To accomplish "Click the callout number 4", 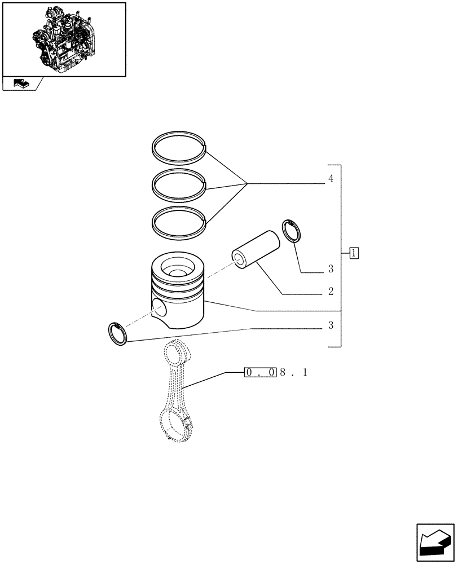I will click(x=331, y=179).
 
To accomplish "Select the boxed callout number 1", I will click(x=354, y=253).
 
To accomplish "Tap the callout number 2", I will click(x=331, y=292).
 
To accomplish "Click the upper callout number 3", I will click(x=331, y=269).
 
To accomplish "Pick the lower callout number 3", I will click(x=331, y=325).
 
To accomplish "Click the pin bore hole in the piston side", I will click(x=160, y=308).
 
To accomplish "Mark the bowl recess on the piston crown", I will click(x=177, y=266).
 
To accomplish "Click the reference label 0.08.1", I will click(x=276, y=373).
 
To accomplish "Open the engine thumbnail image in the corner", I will click(x=64, y=38).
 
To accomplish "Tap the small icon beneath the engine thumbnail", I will click(x=20, y=83).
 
